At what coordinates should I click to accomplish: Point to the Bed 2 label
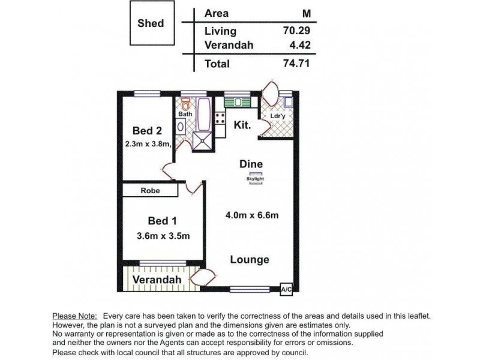[147, 131]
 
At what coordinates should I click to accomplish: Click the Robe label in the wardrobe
[150, 191]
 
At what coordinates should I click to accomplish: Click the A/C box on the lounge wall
[287, 289]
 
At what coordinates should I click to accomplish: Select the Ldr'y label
[277, 116]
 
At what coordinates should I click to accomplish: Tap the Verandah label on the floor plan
[157, 280]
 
